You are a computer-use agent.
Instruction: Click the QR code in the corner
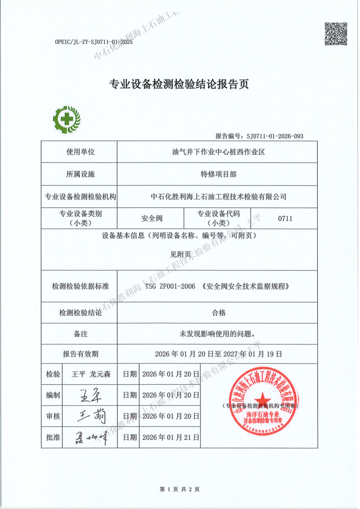click(336, 34)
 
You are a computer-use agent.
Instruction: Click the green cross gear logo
click(67, 119)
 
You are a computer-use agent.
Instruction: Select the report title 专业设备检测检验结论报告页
click(180, 85)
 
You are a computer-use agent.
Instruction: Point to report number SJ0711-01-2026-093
click(275, 136)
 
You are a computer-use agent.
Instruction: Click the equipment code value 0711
click(285, 219)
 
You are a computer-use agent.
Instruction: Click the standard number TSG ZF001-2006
click(170, 287)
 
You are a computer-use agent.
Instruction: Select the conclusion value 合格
click(218, 313)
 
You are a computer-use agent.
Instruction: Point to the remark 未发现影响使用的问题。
click(218, 334)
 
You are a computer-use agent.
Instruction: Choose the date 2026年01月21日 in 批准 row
click(170, 438)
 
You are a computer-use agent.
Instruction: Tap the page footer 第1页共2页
click(180, 489)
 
